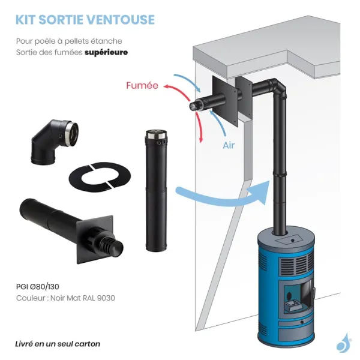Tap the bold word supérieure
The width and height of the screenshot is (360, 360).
pos(106,52)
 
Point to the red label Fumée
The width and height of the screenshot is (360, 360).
pos(142,86)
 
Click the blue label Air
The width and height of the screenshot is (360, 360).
pos(229,145)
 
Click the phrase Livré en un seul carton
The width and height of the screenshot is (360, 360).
pos(58,344)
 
